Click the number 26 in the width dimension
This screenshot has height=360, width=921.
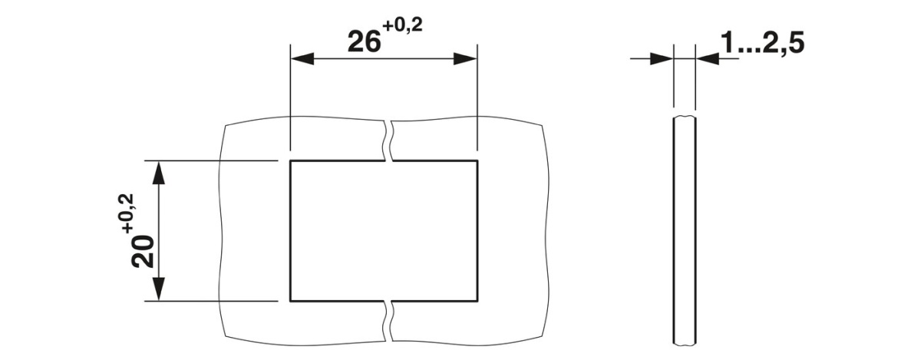(x=364, y=42)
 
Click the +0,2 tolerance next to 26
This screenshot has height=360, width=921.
(x=402, y=26)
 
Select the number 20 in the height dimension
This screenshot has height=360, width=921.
(x=143, y=251)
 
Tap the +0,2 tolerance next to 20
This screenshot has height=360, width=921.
(x=127, y=213)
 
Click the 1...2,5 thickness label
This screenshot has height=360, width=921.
(x=762, y=43)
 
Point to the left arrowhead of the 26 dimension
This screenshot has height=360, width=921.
(x=302, y=59)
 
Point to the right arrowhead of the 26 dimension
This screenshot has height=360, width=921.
(x=465, y=59)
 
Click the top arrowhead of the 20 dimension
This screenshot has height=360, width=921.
(x=159, y=173)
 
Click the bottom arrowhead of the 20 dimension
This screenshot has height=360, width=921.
(x=159, y=289)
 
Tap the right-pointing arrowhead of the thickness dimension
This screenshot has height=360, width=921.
(x=661, y=59)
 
